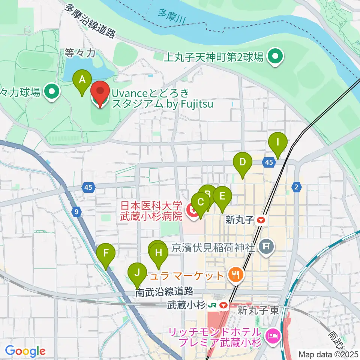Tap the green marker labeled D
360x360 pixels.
(x=242, y=162)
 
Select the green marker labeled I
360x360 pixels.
(x=278, y=142)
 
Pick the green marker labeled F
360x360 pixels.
(x=106, y=253)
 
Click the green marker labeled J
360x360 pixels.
(x=137, y=272)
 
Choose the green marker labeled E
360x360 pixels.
(x=222, y=196)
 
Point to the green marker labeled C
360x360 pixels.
(x=201, y=202)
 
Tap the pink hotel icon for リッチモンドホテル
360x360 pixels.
(x=271, y=335)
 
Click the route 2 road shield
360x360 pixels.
(x=297, y=187)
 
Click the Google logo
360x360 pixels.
(x=25, y=351)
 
